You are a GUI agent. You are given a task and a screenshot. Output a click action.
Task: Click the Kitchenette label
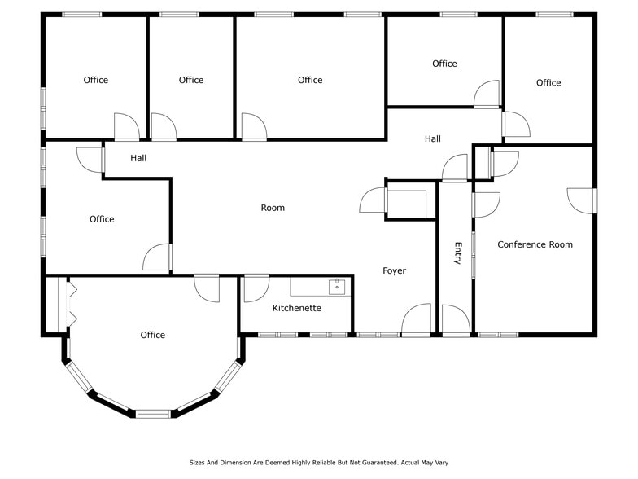[296, 308]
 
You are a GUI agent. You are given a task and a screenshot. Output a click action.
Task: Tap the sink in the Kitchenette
[337, 287]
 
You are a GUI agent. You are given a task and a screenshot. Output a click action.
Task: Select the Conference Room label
[535, 244]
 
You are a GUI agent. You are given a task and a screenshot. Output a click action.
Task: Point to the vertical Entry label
[457, 253]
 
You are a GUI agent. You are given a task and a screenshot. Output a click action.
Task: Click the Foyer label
[394, 270]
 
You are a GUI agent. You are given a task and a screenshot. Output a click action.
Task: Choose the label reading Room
[273, 208]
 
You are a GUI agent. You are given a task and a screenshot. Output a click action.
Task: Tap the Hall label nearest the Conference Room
[432, 139]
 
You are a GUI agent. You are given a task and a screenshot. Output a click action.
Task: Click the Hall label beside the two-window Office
[138, 158]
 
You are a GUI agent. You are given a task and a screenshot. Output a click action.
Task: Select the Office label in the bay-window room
[152, 335]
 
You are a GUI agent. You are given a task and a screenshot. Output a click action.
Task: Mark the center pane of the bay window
[152, 413]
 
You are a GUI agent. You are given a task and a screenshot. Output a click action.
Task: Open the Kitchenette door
[256, 288]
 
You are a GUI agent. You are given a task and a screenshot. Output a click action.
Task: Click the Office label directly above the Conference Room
[548, 82]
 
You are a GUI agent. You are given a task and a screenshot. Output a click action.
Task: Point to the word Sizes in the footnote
[199, 462]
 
